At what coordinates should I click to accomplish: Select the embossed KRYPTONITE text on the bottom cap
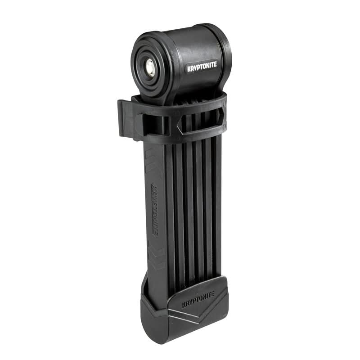point(198,299)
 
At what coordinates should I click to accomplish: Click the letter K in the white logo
point(189,68)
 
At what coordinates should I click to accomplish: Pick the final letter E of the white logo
point(215,64)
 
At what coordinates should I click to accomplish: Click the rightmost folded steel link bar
point(218,202)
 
